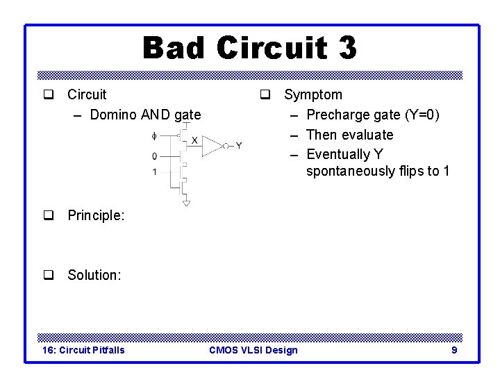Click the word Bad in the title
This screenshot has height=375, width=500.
[x=174, y=49]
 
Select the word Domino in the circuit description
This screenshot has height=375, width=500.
[x=113, y=115]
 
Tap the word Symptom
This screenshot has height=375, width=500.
[x=312, y=94]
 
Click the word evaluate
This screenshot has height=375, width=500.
[x=367, y=135]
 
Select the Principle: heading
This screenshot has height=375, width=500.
[x=96, y=215]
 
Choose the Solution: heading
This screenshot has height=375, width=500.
[x=94, y=275]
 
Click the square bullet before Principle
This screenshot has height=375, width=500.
[x=49, y=215]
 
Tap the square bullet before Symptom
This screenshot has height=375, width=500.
[x=265, y=94]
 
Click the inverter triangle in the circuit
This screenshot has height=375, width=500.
[x=214, y=146]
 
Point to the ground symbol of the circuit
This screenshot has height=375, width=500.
[x=186, y=203]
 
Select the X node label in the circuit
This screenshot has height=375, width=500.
[x=194, y=140]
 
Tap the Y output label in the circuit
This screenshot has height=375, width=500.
[x=238, y=146]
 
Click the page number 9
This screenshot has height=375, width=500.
[x=454, y=350]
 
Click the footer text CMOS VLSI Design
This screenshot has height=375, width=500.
[x=253, y=350]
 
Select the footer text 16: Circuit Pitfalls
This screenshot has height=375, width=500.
[x=83, y=350]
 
